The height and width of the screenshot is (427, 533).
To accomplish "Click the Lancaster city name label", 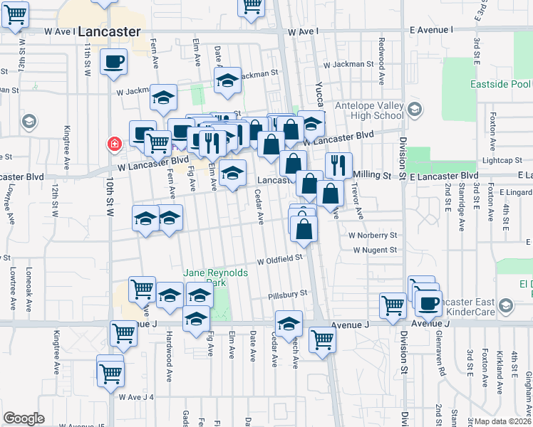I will [108, 31].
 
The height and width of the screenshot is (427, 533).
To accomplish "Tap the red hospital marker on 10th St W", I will [113, 145].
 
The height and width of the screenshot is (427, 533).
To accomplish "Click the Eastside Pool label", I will [500, 84].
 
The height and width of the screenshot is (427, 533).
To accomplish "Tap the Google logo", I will [24, 418].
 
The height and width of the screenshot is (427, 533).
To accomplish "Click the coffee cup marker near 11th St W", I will [114, 62].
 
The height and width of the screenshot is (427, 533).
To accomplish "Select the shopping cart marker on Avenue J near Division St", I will [392, 305].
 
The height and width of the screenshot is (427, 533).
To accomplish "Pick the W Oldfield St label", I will [281, 260].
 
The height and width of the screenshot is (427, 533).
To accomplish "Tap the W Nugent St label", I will [375, 250].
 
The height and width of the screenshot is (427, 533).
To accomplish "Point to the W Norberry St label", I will [373, 235].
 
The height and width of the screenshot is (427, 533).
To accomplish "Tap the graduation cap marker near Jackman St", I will [227, 83].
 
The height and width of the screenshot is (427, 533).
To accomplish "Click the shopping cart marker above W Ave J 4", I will [110, 373].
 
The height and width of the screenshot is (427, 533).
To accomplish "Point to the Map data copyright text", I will [503, 421].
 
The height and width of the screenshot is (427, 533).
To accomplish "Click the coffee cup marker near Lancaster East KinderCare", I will [428, 303].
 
